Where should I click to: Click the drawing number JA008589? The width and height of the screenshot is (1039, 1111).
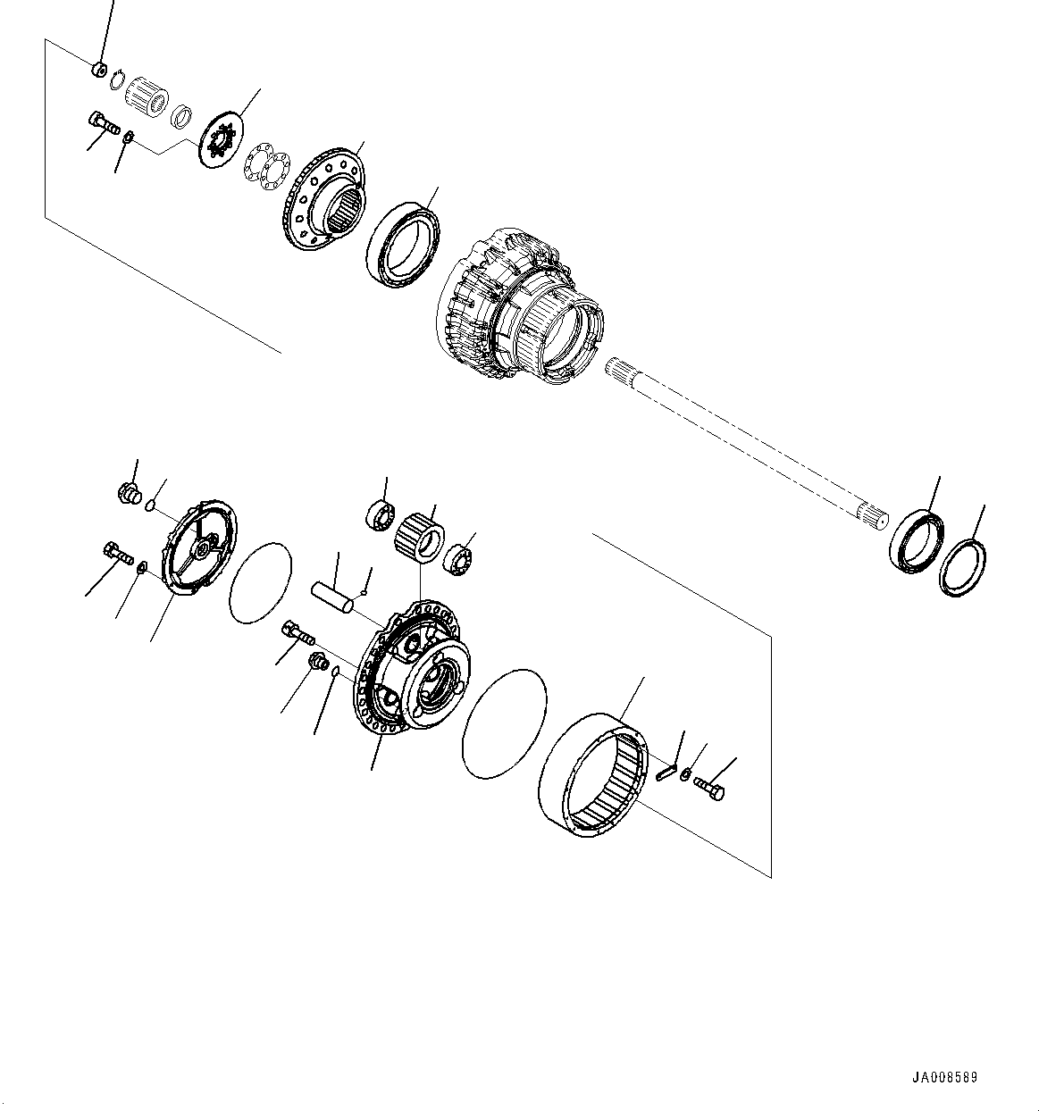[x=945, y=1077]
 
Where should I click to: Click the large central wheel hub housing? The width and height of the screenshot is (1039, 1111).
[x=518, y=308]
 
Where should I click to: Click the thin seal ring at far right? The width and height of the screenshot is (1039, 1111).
[x=963, y=569]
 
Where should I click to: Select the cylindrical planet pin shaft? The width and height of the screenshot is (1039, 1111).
[x=332, y=597]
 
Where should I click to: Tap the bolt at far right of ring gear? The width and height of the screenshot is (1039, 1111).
[x=709, y=789]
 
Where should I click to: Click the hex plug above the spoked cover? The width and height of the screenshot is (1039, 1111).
[x=130, y=493]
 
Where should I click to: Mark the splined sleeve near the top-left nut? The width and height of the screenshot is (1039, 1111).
[x=146, y=93]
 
